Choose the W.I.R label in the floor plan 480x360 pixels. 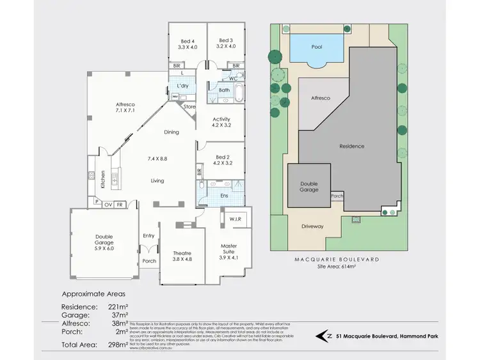pyautogui.click(x=234, y=220)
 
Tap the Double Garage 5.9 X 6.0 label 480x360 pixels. pyautogui.click(x=104, y=240)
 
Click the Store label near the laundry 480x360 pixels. pyautogui.click(x=189, y=107)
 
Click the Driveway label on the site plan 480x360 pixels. pyautogui.click(x=313, y=226)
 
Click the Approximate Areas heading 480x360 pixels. pyautogui.click(x=91, y=294)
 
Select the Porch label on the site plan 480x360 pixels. pyautogui.click(x=337, y=196)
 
